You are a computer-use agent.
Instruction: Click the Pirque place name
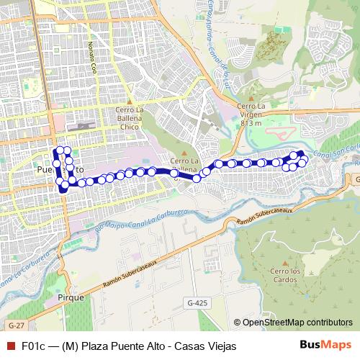coord(72,297)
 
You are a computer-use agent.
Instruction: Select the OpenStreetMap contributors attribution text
coord(293,323)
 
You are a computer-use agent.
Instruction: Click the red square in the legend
coord(9,346)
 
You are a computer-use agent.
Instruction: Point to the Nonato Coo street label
coord(91,57)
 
